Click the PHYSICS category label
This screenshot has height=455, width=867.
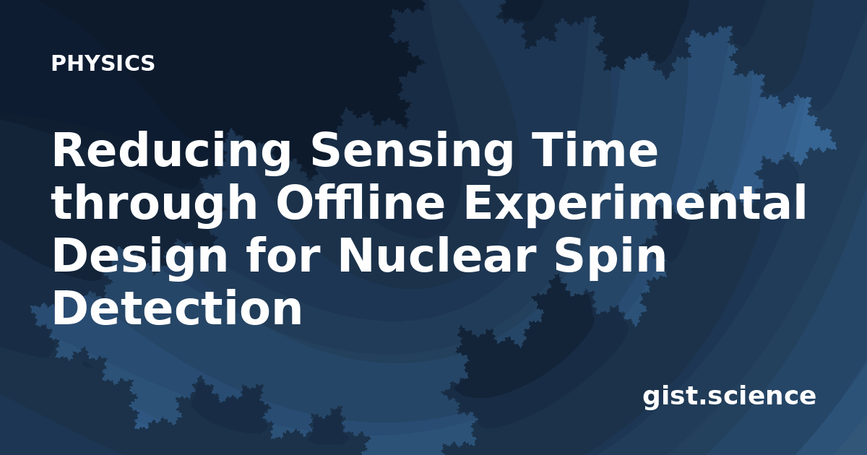click(x=103, y=63)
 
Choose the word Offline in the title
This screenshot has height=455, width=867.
click(x=361, y=202)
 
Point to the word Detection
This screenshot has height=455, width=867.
click(x=177, y=307)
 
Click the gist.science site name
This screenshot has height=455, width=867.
click(x=729, y=396)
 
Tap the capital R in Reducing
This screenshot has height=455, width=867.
click(x=68, y=149)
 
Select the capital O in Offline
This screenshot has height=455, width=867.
click(x=295, y=202)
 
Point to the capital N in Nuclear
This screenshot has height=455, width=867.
click(x=357, y=254)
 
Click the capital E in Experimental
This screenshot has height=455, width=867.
click(x=480, y=202)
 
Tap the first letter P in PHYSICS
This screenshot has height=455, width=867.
click(x=58, y=63)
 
